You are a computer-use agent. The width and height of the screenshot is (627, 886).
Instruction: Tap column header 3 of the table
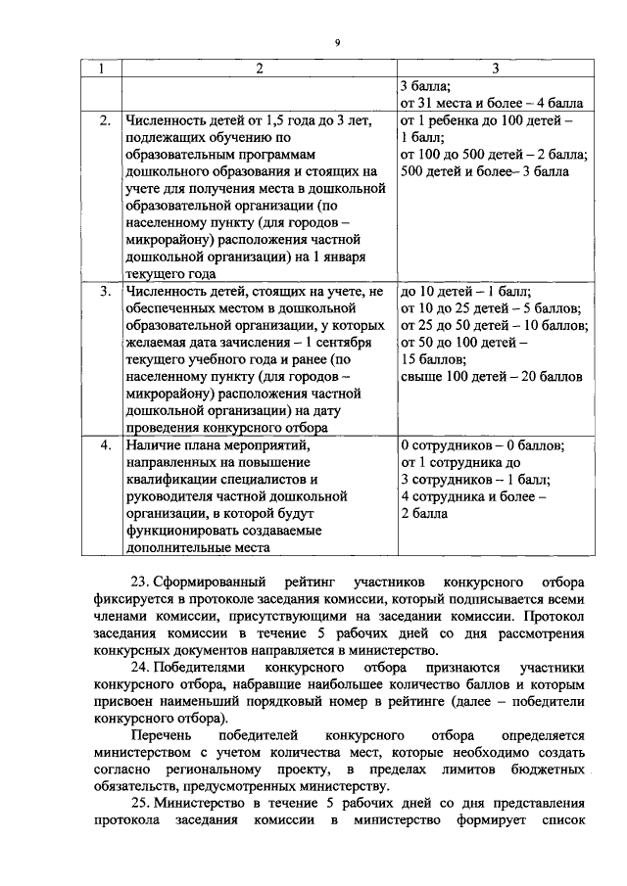[x=495, y=68]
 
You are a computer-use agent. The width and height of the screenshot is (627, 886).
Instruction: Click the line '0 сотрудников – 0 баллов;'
[x=483, y=445]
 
